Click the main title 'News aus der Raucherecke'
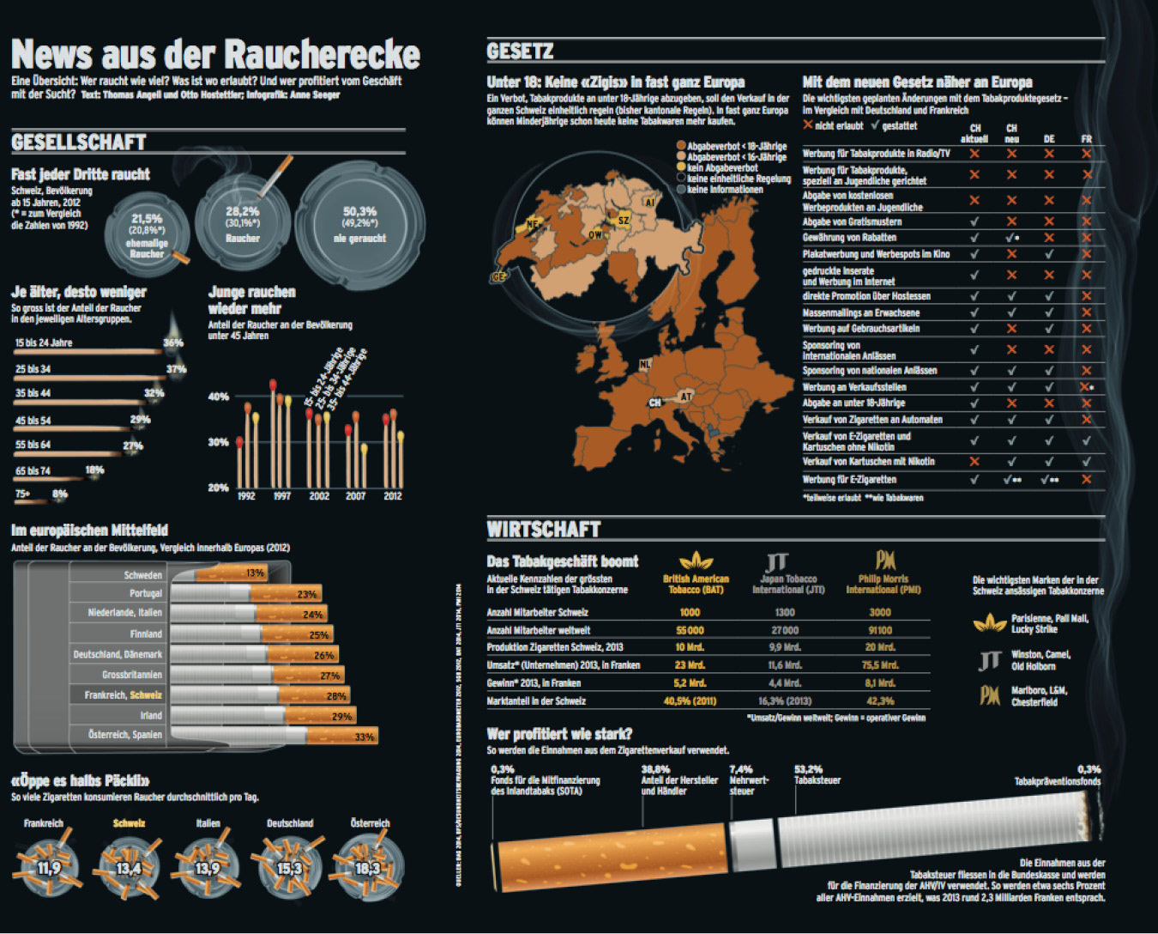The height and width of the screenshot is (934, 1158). click(215, 54)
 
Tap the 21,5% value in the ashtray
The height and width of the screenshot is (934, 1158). click(147, 219)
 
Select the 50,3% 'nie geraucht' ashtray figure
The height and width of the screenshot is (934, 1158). click(359, 211)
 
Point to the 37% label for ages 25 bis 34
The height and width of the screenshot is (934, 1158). click(176, 369)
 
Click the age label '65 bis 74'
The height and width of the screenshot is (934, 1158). click(33, 470)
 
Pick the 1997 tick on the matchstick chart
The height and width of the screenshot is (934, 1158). click(282, 496)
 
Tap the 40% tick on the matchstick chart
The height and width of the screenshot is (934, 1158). click(218, 397)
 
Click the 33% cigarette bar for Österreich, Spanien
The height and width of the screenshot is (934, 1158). click(365, 737)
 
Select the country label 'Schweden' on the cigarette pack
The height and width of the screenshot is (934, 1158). click(142, 575)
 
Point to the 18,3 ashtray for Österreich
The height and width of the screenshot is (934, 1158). click(367, 868)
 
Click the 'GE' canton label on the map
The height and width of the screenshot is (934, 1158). click(498, 277)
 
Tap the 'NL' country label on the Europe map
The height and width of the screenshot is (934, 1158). click(645, 364)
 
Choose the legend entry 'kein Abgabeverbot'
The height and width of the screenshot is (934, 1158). click(721, 168)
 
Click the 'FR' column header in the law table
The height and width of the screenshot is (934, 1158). click(1086, 139)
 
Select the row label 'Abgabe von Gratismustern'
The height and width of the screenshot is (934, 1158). click(852, 221)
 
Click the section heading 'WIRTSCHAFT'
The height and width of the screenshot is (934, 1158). click(544, 530)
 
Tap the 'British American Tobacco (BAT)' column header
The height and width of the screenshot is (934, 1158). click(696, 584)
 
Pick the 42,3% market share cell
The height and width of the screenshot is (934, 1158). click(880, 701)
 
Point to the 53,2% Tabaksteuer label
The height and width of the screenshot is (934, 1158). click(808, 770)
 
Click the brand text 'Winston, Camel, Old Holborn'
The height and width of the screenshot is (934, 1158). click(1040, 660)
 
